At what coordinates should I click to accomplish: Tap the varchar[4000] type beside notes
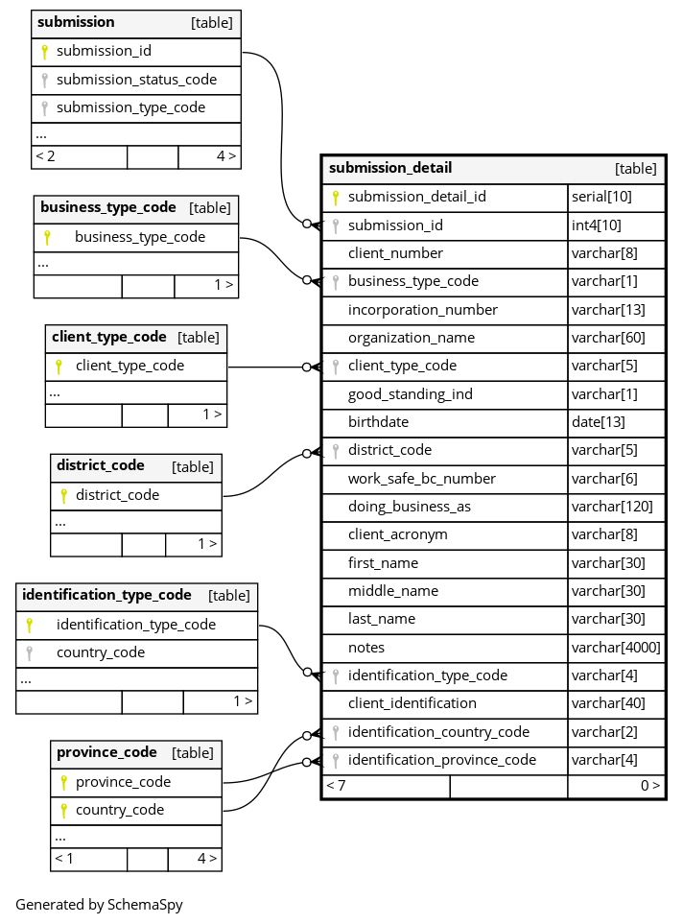616,648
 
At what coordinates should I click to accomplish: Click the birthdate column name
378,422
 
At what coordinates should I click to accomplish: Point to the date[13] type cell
598,422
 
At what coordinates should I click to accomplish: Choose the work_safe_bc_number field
421,479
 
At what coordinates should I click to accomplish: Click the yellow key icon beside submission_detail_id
336,198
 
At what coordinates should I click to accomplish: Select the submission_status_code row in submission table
136,80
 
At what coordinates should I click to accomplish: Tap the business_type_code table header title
108,207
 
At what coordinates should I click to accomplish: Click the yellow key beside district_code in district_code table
63,496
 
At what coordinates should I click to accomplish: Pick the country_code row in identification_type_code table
101,652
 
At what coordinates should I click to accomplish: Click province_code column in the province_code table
123,782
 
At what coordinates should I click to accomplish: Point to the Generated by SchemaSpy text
99,904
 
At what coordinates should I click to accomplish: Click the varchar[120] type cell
611,507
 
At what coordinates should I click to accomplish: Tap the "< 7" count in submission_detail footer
336,785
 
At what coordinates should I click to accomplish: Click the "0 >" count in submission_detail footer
649,785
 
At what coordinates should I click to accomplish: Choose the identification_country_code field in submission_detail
438,732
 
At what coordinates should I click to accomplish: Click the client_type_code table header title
109,337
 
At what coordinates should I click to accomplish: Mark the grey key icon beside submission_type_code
44,108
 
